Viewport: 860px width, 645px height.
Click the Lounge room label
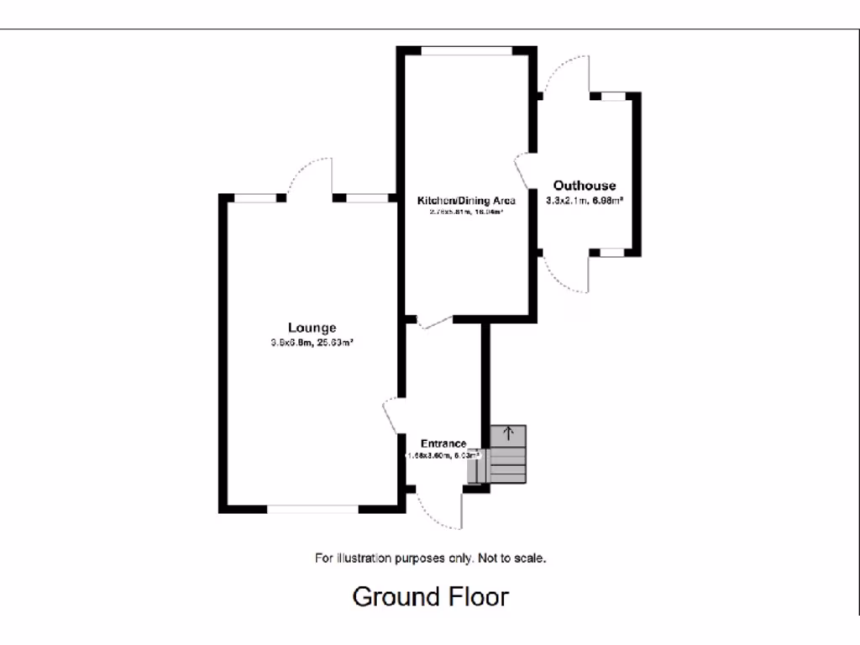pyautogui.click(x=312, y=328)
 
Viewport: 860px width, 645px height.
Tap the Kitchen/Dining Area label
pyautogui.click(x=466, y=201)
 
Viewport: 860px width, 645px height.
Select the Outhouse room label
pyautogui.click(x=584, y=186)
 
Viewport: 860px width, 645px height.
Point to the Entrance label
pyautogui.click(x=443, y=443)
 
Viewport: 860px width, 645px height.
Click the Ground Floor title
pyautogui.click(x=430, y=597)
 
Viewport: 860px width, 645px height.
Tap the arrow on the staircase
pyautogui.click(x=508, y=434)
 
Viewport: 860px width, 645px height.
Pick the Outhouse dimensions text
pyautogui.click(x=584, y=201)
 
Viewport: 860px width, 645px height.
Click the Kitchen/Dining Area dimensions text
pyautogui.click(x=466, y=212)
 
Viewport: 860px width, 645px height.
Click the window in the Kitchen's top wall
pyautogui.click(x=466, y=51)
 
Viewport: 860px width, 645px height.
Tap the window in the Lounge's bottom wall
pyautogui.click(x=312, y=508)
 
